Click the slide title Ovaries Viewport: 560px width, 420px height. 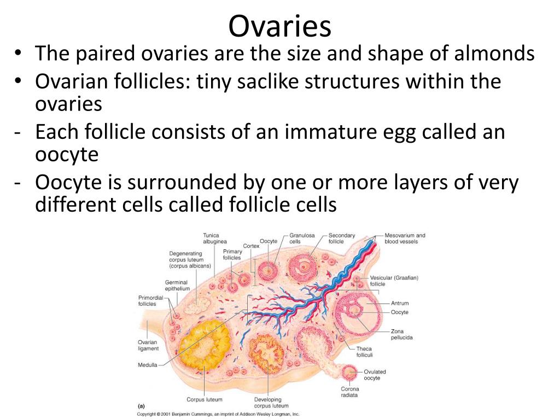click(280, 26)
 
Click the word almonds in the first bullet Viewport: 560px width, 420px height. click(494, 53)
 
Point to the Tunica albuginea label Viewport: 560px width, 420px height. click(215, 238)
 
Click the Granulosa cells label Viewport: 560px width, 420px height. click(302, 238)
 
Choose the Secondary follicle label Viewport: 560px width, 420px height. click(342, 238)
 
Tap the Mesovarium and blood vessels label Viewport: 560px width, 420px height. click(405, 238)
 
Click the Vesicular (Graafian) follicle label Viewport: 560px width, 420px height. click(394, 281)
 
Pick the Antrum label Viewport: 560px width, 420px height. click(400, 303)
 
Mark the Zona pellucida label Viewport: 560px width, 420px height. click(401, 334)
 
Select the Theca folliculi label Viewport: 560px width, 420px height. click(364, 352)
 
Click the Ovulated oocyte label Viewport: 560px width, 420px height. click(375, 375)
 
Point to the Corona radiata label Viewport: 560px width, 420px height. click(349, 392)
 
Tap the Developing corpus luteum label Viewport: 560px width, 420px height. click(271, 402)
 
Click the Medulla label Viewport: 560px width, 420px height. click(148, 365)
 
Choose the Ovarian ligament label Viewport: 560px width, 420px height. click(148, 346)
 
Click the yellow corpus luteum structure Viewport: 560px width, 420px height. click(202, 345)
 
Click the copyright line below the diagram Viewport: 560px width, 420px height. click(218, 415)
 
